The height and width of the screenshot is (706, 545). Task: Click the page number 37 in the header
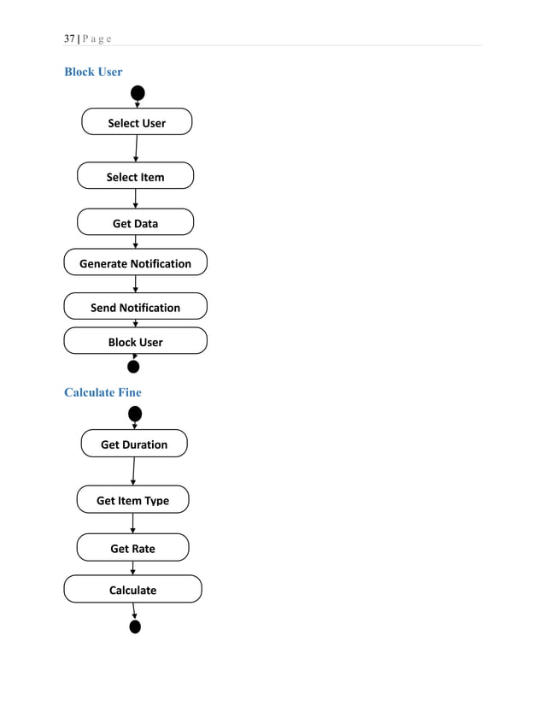[x=69, y=39]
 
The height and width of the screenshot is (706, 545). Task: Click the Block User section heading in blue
[x=93, y=72]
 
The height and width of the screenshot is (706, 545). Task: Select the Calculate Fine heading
[x=103, y=392]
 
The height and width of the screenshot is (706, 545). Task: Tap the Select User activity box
[x=137, y=122]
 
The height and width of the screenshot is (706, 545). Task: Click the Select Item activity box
[x=135, y=176]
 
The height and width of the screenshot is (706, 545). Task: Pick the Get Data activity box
[x=135, y=222]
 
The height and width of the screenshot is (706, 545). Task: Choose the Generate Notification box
[x=135, y=262]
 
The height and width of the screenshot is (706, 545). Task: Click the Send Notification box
[x=135, y=306]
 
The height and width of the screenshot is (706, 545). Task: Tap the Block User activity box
[x=135, y=341]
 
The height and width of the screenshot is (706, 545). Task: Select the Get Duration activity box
[x=134, y=444]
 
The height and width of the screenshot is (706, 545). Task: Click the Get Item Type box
[x=132, y=499]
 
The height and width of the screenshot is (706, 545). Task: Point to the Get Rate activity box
[x=132, y=547]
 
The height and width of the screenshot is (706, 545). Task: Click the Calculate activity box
[x=132, y=589]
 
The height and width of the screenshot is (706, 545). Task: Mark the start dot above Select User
[x=138, y=93]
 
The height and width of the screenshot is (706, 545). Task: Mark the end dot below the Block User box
[x=133, y=368]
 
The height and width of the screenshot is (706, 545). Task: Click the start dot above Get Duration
[x=135, y=415]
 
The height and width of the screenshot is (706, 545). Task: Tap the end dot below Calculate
[x=135, y=627]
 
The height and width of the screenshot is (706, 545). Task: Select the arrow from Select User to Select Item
[x=136, y=149]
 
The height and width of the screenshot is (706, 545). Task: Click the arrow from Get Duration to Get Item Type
[x=133, y=472]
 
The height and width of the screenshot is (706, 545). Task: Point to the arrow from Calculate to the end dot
[x=133, y=610]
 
